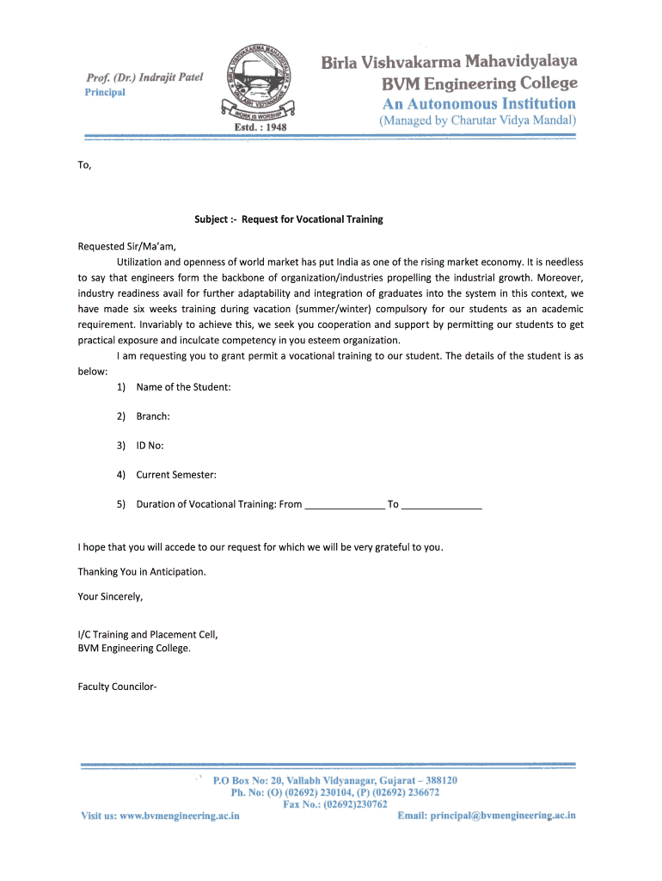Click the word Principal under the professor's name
pos(104,93)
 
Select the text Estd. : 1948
pos(260,126)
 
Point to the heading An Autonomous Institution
pos(479,103)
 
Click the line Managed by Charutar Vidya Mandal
pos(478,121)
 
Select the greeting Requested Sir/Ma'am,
pos(126,246)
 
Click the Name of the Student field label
pos(183,387)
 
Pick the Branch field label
pos(153,416)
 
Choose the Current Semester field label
pos(176,475)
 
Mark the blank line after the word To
pos(442,505)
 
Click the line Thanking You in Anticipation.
pos(142,571)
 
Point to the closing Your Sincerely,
pos(110,595)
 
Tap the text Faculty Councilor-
pos(117,687)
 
